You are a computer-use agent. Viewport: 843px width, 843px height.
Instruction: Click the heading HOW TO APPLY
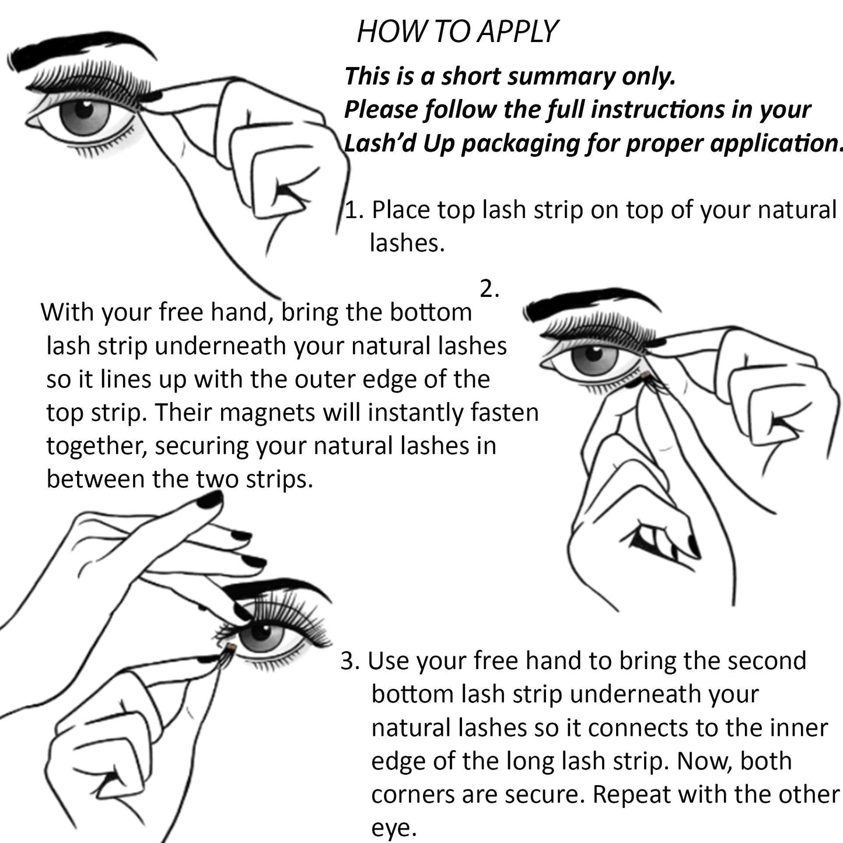pos(457,32)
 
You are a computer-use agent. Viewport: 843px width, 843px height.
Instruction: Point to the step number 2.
pos(489,289)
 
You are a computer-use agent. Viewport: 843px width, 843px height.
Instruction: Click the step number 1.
pos(352,210)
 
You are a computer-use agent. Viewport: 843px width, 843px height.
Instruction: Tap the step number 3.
pos(349,661)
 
